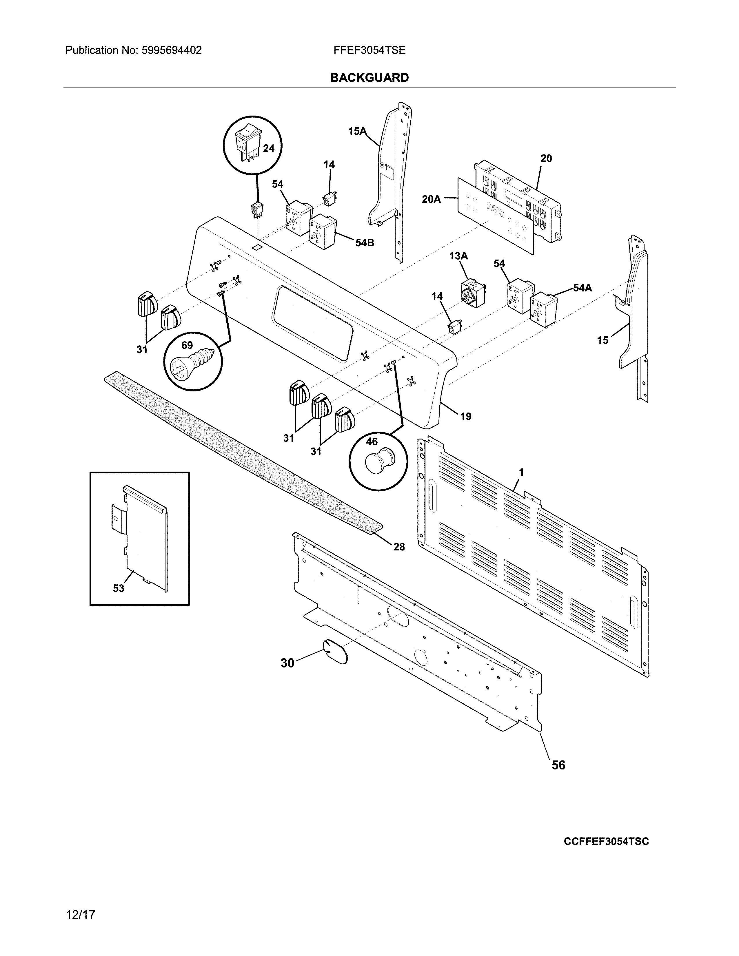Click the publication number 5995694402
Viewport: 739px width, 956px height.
pos(171,50)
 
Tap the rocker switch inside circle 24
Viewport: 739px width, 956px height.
pos(247,142)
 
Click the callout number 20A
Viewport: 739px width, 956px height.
pos(431,199)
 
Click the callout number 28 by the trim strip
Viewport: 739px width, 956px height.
pos(398,546)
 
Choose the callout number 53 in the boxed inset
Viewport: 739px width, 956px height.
pos(119,588)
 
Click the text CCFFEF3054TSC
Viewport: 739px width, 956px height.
pos(606,841)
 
